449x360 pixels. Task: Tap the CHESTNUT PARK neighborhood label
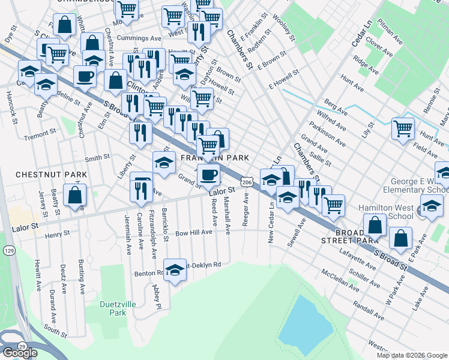(x=51, y=175)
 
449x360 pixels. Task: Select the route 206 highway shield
(x=246, y=181)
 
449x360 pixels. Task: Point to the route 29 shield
(x=22, y=347)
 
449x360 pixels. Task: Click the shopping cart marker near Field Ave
(x=403, y=128)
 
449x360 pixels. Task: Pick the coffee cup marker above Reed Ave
(x=208, y=175)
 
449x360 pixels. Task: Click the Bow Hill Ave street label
(x=193, y=232)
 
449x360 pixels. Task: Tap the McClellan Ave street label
(x=341, y=280)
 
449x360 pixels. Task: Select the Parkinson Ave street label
(x=328, y=133)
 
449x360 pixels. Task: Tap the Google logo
(x=20, y=353)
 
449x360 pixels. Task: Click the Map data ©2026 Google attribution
(x=411, y=355)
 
